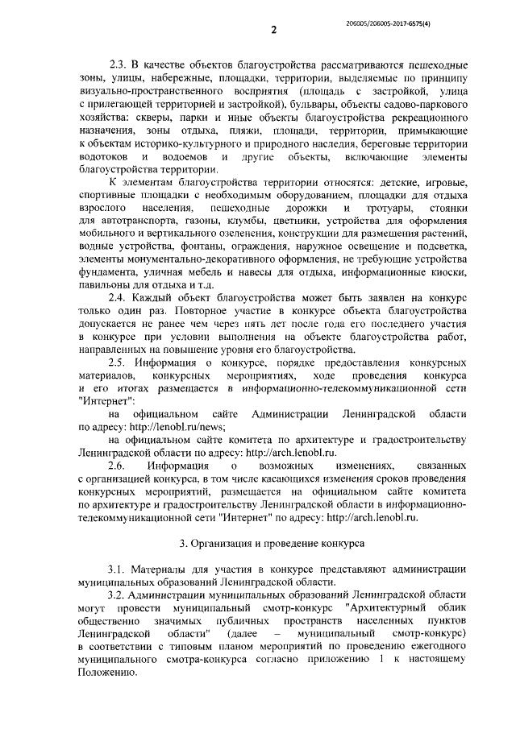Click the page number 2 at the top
[273, 30]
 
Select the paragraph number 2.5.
[119, 362]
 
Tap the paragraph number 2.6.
[118, 466]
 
